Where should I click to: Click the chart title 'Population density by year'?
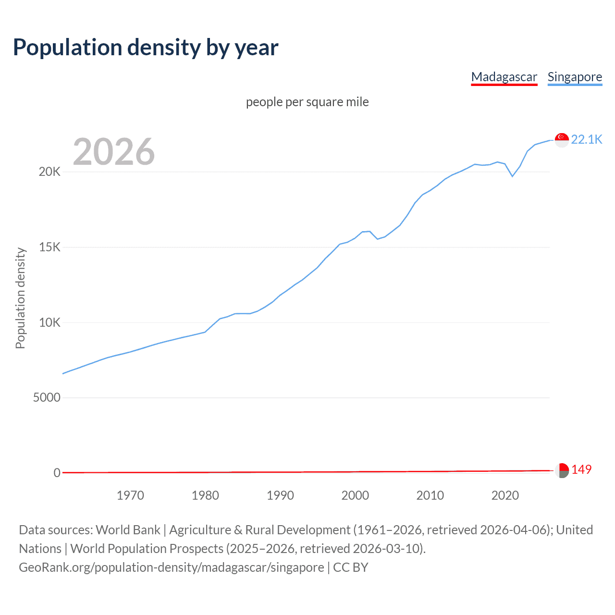point(146,48)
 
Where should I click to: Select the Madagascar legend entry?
point(504,77)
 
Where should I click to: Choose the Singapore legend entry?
point(575,77)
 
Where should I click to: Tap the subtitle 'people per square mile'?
point(307,102)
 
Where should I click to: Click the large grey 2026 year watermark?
point(114,152)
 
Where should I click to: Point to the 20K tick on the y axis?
point(49,172)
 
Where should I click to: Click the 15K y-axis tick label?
point(49,247)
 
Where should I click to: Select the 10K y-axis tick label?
point(49,322)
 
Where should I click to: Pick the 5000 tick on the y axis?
point(47,398)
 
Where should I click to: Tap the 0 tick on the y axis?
point(57,473)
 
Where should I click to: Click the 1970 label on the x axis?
point(130,495)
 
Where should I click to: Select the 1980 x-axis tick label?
point(205,495)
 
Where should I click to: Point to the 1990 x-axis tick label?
point(280,495)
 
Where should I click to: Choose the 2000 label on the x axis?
point(355,495)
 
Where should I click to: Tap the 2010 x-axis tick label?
point(430,495)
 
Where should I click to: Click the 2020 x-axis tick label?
point(505,495)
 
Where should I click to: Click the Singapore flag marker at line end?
point(562,140)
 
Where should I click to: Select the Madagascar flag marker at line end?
point(562,470)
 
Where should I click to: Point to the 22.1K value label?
point(587,139)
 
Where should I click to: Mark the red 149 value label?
point(581,469)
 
